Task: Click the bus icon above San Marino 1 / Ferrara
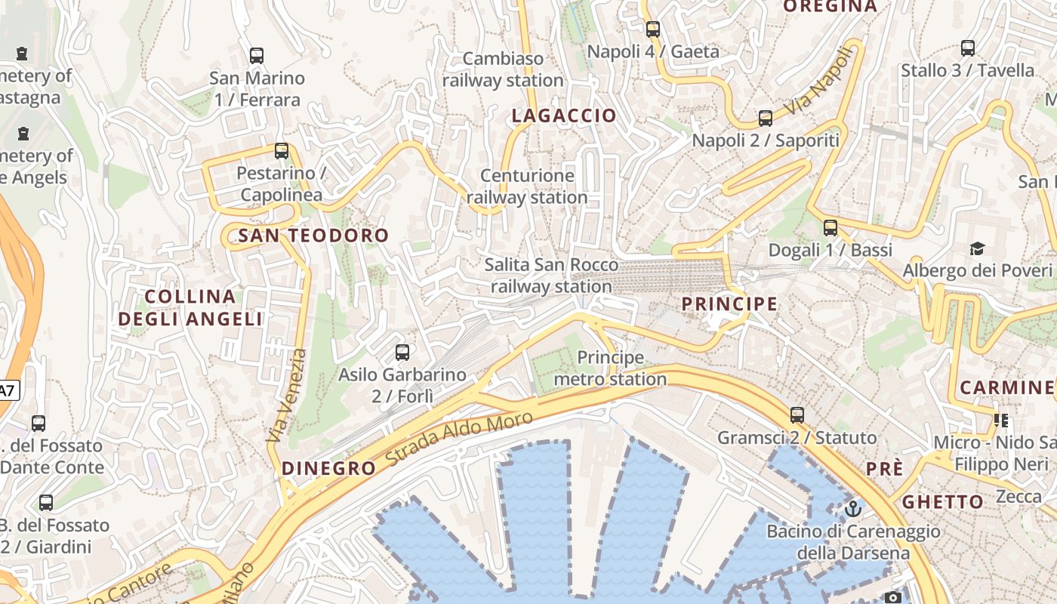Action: pyautogui.click(x=257, y=56)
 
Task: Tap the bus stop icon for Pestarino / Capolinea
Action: pyautogui.click(x=282, y=151)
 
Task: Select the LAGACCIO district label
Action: pyautogui.click(x=564, y=116)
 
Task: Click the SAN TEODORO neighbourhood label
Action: pyautogui.click(x=313, y=236)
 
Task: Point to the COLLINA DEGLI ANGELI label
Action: pyautogui.click(x=190, y=307)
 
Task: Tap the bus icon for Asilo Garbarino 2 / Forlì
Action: pyautogui.click(x=402, y=353)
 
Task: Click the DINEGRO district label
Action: pyautogui.click(x=328, y=468)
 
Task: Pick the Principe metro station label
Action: pyautogui.click(x=610, y=368)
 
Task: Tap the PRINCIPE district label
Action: pyautogui.click(x=729, y=304)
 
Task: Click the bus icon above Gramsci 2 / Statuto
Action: pyautogui.click(x=797, y=415)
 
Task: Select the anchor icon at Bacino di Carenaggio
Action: pyautogui.click(x=853, y=509)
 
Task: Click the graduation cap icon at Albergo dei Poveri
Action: pyautogui.click(x=978, y=248)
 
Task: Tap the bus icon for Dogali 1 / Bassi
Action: pyautogui.click(x=830, y=228)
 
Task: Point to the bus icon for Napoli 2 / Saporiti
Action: pyautogui.click(x=766, y=119)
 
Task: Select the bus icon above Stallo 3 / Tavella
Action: pyautogui.click(x=968, y=48)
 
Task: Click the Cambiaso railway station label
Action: pyautogui.click(x=503, y=69)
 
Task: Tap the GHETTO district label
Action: pyautogui.click(x=943, y=502)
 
